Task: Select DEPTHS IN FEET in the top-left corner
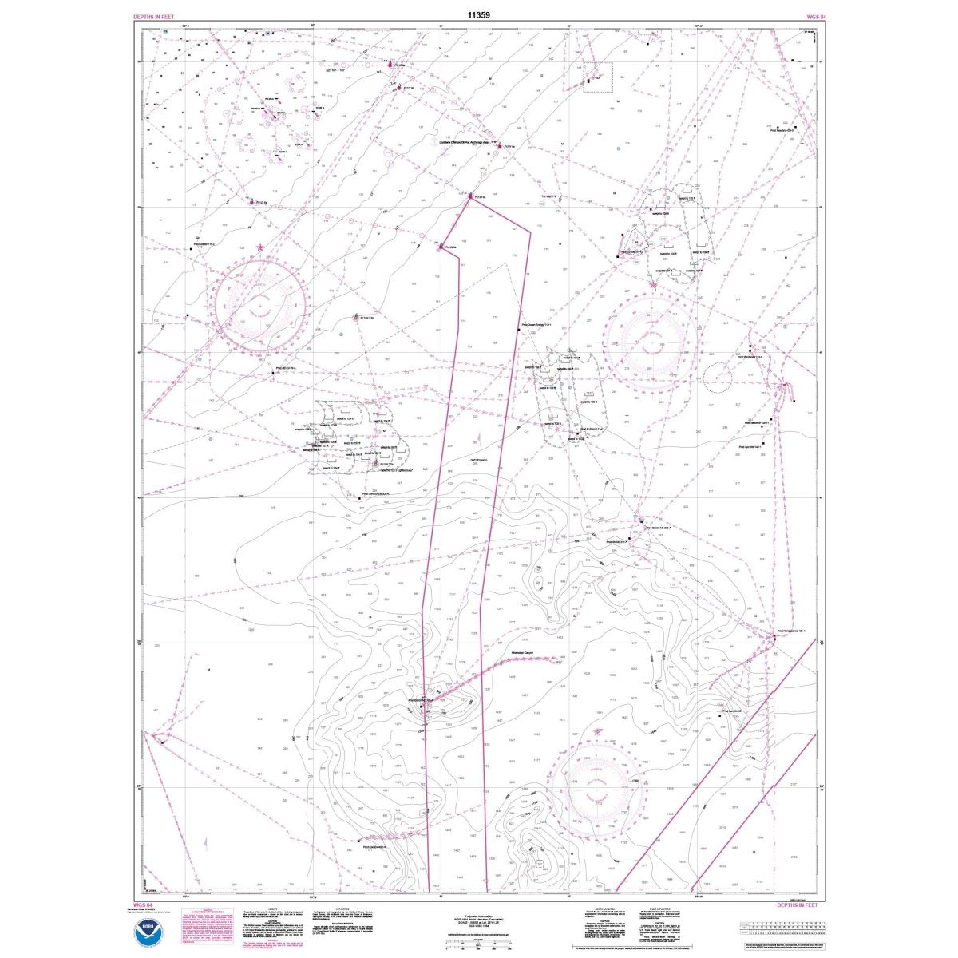(x=155, y=16)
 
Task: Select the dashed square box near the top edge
(x=597, y=77)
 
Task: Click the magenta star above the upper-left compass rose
(x=261, y=249)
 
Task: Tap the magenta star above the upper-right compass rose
(x=654, y=285)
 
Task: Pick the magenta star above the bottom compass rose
(x=597, y=730)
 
